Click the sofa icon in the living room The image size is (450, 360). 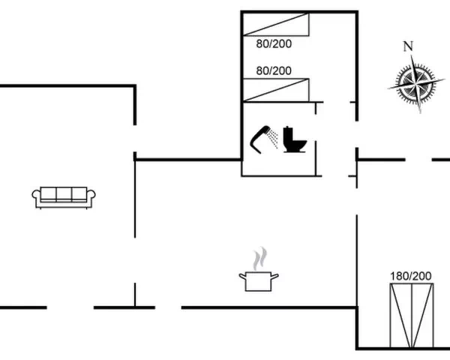pos(64,197)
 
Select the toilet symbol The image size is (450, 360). pos(295,139)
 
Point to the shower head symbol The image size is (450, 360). pos(260,139)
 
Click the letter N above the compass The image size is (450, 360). pos(409,46)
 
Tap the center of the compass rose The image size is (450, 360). pos(415,83)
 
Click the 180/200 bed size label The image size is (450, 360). pos(411,276)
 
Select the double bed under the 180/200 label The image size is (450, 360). pos(412,315)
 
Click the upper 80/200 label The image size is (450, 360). pos(274,44)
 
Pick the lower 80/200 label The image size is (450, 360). pos(274,70)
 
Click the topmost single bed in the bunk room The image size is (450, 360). pos(276,25)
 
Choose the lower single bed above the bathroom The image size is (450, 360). pos(276,90)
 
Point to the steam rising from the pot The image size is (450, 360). pos(259,258)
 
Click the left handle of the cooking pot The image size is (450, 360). pos(242,277)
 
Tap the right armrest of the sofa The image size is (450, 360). pos(91,194)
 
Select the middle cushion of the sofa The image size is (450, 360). pos(64,193)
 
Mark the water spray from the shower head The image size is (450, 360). pos(273,139)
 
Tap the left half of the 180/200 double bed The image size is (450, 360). pos(401,315)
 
